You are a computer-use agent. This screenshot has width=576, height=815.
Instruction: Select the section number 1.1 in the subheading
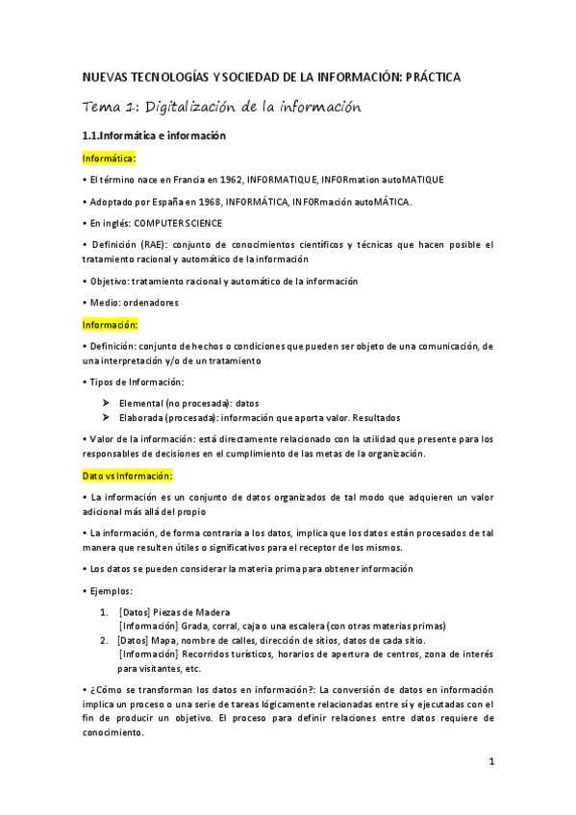tap(92, 136)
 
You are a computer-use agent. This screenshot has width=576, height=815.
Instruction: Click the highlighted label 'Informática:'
tap(110, 158)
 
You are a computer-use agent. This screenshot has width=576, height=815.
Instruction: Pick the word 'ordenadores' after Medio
tap(153, 303)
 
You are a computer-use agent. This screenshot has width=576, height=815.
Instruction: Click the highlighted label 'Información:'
tap(111, 324)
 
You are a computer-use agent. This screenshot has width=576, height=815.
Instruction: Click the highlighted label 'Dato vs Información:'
tap(127, 475)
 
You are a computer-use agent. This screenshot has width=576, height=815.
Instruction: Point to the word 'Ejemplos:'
tap(112, 590)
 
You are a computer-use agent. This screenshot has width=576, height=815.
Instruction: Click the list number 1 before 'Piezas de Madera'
tap(103, 612)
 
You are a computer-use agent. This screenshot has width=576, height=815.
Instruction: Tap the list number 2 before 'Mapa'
tap(103, 640)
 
